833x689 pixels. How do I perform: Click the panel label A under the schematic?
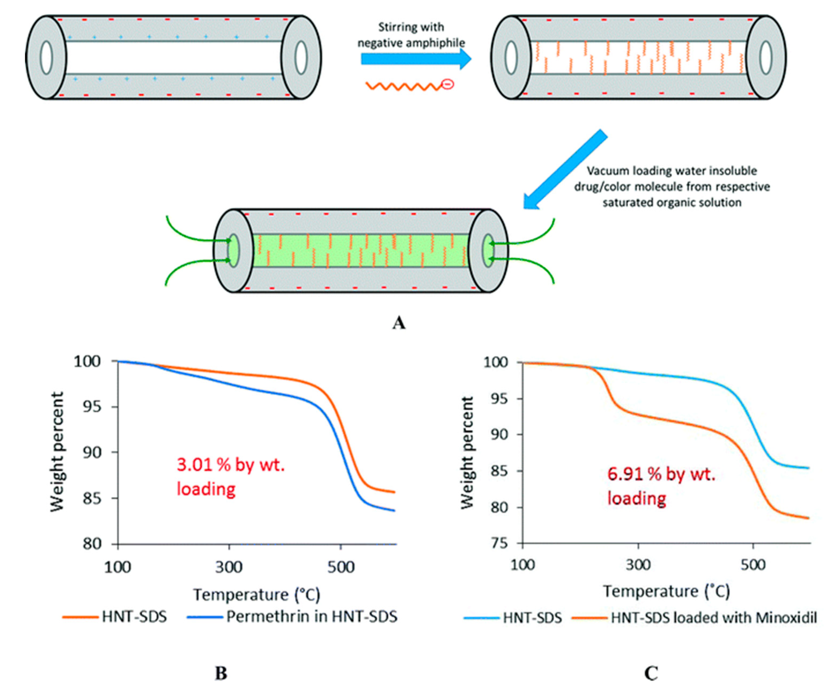tap(399, 323)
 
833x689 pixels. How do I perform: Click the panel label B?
tap(221, 673)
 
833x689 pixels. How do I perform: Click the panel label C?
tap(651, 673)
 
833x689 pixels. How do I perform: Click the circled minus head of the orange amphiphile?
tap(447, 84)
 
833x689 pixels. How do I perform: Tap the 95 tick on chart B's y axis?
tap(92, 407)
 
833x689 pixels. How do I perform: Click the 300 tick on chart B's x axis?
tap(229, 567)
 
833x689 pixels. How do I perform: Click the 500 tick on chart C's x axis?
tap(753, 565)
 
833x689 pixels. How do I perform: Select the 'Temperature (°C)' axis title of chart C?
tap(667, 591)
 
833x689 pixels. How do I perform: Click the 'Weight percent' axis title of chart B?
tap(57, 452)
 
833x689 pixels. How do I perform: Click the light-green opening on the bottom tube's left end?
tap(234, 251)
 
